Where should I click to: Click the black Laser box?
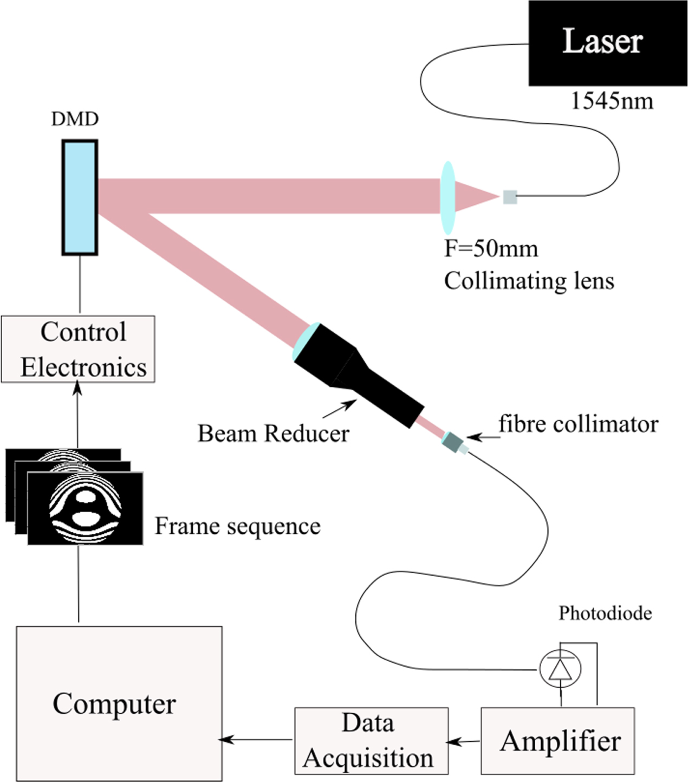click(x=607, y=42)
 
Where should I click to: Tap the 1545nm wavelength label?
click(x=612, y=101)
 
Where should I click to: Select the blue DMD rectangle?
click(x=80, y=197)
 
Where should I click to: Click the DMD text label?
click(x=75, y=119)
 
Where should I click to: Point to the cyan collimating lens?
click(x=447, y=197)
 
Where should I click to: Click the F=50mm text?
click(x=491, y=249)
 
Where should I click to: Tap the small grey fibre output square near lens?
click(x=510, y=197)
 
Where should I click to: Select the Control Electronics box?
click(x=78, y=349)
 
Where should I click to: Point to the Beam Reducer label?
click(x=273, y=434)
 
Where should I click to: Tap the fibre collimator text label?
click(x=578, y=424)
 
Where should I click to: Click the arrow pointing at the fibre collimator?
click(x=482, y=437)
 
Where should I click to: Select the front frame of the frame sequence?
click(x=85, y=508)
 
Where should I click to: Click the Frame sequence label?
click(x=237, y=526)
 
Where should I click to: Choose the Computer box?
click(x=119, y=703)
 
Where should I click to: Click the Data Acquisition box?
click(x=371, y=740)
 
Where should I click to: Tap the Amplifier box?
click(x=557, y=740)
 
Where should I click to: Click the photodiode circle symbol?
click(x=560, y=669)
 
